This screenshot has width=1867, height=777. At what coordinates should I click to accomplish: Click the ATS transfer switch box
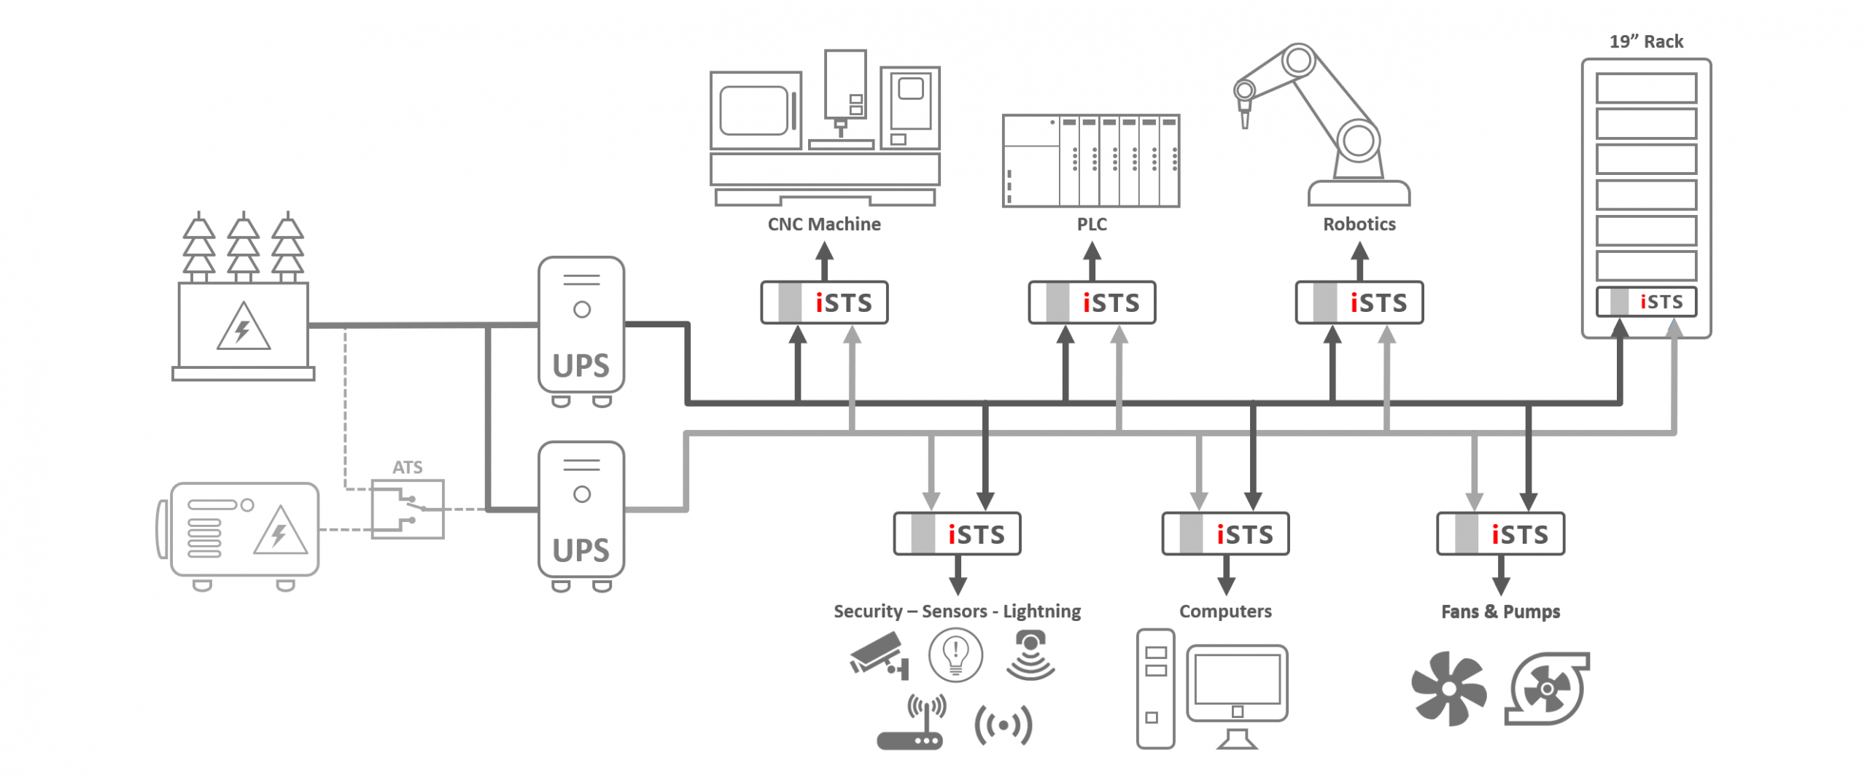[x=407, y=509]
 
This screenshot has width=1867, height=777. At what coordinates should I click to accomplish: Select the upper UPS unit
[x=581, y=325]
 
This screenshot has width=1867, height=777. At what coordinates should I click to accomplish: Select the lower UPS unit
[x=581, y=510]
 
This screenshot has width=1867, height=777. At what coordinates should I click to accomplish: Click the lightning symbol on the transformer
[x=243, y=329]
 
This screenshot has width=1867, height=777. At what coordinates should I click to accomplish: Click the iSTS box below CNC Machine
[x=824, y=302]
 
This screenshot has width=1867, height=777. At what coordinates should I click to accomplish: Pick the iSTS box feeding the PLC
[x=1092, y=302]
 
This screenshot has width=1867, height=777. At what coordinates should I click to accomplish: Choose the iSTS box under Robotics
[x=1359, y=302]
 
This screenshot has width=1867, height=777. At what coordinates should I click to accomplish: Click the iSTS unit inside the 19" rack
[x=1646, y=302]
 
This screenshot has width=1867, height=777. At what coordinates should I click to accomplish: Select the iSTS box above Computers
[x=1225, y=534]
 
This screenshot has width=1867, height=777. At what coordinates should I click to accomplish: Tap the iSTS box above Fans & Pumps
[x=1500, y=534]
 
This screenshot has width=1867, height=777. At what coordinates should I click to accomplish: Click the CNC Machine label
[x=824, y=224]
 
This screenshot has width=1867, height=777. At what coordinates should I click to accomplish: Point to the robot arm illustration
[x=1320, y=124]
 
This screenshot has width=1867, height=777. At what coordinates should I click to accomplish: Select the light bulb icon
[x=955, y=655]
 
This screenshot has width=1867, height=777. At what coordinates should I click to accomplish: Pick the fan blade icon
[x=1448, y=689]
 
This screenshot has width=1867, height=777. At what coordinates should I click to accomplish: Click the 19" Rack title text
[x=1646, y=42]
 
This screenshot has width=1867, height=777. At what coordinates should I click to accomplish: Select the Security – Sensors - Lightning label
[x=957, y=612]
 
